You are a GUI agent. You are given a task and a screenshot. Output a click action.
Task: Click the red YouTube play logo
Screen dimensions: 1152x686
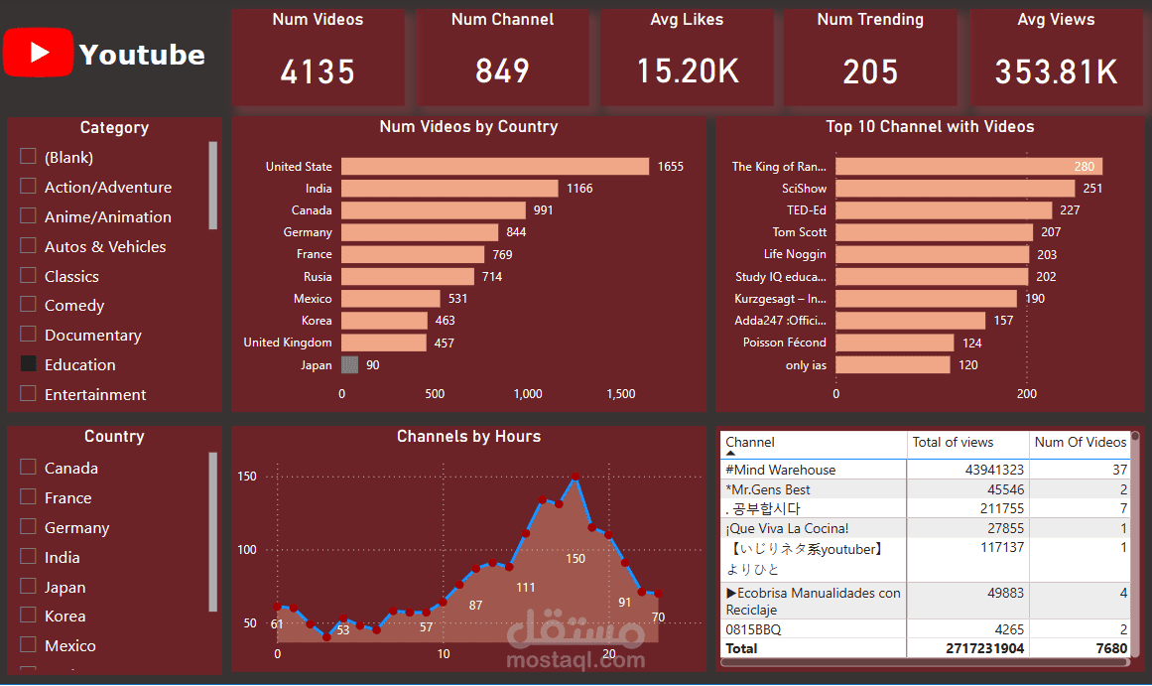coord(39,53)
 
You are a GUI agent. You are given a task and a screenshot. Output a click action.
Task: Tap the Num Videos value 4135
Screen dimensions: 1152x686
coord(318,72)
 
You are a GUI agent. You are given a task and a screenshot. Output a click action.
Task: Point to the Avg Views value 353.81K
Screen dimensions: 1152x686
coord(1056,72)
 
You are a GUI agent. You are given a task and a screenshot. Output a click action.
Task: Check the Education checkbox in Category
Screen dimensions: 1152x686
coord(28,364)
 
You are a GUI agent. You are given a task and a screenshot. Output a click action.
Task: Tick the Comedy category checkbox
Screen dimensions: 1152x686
coord(28,305)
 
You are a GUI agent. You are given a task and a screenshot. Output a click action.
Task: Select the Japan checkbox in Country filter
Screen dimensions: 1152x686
coord(28,586)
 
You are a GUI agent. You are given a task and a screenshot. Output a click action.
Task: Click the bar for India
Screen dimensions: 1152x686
coord(449,189)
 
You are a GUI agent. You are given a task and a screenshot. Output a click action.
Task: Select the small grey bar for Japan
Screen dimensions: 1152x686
coord(349,364)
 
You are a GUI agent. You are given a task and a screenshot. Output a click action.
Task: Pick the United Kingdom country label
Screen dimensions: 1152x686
coord(288,343)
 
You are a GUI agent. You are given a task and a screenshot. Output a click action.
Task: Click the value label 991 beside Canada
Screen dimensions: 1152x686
coord(543,210)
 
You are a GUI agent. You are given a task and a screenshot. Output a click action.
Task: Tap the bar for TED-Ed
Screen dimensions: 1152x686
coord(944,210)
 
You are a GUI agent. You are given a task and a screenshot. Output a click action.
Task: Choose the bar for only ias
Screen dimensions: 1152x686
coord(893,364)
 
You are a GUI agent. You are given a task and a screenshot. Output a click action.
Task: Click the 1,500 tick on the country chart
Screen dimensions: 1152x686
coord(621,394)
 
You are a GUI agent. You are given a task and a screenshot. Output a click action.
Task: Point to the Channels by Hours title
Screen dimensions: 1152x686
coord(468,436)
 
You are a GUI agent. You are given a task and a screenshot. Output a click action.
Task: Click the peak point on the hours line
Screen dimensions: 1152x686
coord(576,477)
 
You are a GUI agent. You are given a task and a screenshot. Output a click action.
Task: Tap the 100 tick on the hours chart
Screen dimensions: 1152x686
coord(247,550)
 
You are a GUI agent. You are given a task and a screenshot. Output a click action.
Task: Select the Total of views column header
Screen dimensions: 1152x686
coord(953,442)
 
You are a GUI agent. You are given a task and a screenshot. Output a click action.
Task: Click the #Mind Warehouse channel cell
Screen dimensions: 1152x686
coord(780,470)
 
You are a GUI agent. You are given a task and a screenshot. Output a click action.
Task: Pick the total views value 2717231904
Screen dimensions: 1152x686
coord(984,648)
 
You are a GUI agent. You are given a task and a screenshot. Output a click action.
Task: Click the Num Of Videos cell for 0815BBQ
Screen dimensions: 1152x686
coord(1123,629)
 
